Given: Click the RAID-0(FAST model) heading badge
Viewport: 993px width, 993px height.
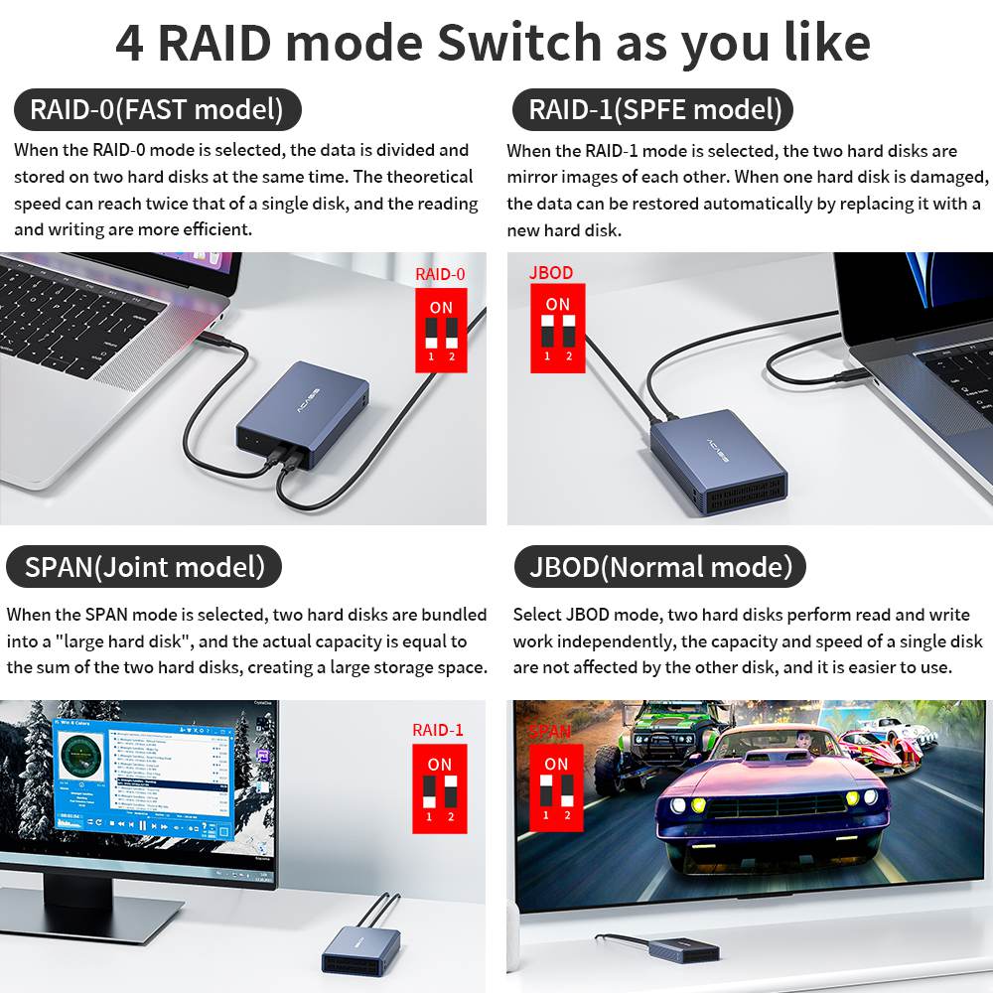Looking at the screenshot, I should click(x=156, y=109).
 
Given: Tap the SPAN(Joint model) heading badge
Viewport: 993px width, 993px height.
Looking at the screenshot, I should click(x=145, y=567).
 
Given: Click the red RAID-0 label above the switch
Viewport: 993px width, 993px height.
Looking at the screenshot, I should click(x=440, y=275).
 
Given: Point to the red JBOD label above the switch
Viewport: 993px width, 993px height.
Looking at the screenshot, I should click(x=551, y=272).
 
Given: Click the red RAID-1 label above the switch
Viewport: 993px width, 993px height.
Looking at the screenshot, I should click(x=438, y=730).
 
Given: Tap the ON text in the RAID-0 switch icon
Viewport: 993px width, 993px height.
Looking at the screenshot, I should click(x=441, y=307).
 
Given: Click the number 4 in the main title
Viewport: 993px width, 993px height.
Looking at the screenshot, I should click(x=129, y=43).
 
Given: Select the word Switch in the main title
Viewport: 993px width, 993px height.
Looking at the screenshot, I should click(x=519, y=43).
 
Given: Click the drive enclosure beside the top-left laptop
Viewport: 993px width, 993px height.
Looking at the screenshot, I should click(x=302, y=416).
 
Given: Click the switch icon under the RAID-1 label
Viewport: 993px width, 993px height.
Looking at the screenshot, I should click(x=439, y=789).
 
